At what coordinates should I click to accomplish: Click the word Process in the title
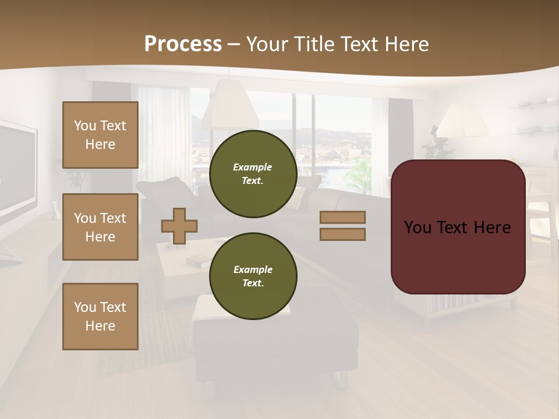(183, 44)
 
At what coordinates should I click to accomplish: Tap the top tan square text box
(100, 135)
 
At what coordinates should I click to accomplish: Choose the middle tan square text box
(100, 227)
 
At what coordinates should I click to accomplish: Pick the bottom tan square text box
(100, 317)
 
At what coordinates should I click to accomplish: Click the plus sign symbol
(179, 226)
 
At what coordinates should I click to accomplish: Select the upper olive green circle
(253, 174)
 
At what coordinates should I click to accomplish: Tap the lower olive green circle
(253, 276)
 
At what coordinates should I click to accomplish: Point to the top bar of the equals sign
(342, 218)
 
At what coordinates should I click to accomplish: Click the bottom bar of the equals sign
(342, 234)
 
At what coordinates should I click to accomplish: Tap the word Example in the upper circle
(253, 167)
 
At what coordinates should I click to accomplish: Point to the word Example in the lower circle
(253, 269)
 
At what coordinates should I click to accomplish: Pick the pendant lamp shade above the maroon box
(462, 122)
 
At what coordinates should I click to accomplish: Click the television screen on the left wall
(17, 169)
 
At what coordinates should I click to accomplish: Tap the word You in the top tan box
(85, 126)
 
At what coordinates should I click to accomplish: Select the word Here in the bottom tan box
(100, 326)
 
